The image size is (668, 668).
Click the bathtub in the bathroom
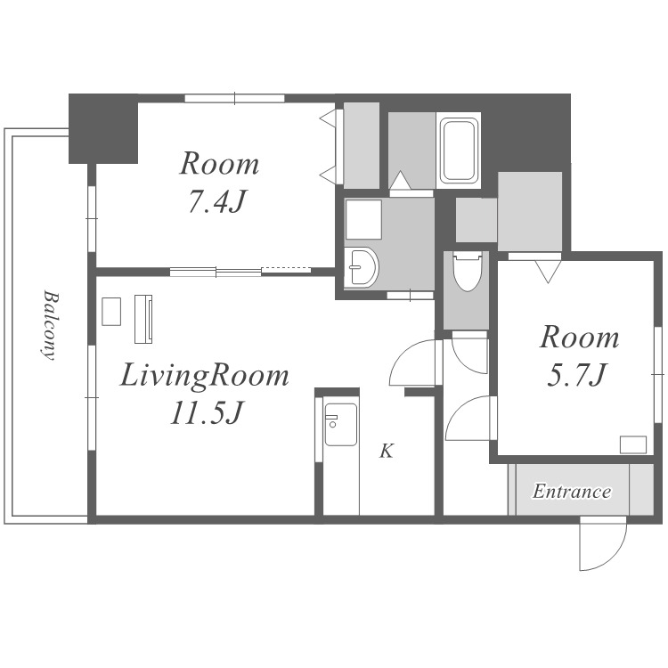(x=459, y=151)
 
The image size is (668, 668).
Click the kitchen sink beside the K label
(x=340, y=424)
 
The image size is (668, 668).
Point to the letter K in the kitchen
(x=387, y=451)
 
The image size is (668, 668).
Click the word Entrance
(x=572, y=491)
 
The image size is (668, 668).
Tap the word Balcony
(x=50, y=325)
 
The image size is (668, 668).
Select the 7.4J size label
(x=217, y=201)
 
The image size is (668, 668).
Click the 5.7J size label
(x=576, y=375)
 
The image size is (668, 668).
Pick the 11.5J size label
(x=207, y=412)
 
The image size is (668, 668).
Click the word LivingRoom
(x=205, y=376)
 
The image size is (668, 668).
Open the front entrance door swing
(x=603, y=543)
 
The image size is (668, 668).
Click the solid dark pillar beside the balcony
(x=103, y=128)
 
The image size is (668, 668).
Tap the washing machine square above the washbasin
(x=363, y=219)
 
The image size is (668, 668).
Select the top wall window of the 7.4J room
(x=234, y=98)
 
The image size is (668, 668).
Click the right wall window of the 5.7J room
(x=658, y=374)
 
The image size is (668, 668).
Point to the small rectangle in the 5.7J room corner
(x=633, y=444)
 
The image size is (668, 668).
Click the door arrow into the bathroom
(x=400, y=180)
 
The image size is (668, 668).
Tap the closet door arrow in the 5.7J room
(x=549, y=272)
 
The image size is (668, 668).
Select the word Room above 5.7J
(x=580, y=338)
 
